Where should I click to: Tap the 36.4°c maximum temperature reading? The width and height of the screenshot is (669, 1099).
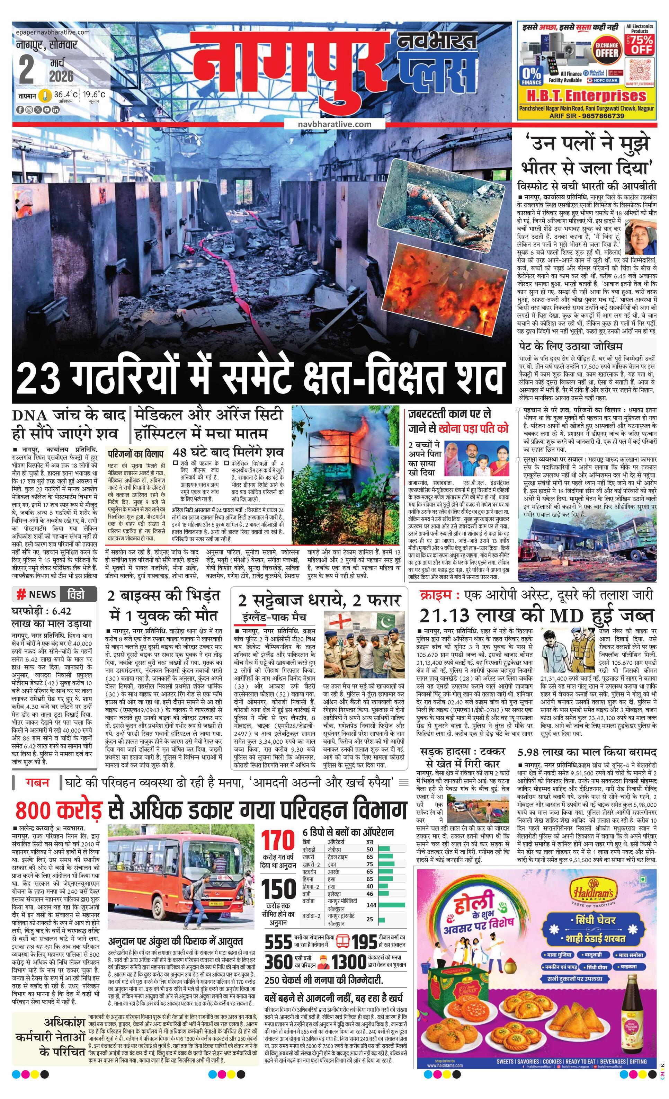[x=65, y=95]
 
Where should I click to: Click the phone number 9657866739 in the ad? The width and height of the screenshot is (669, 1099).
[x=600, y=116]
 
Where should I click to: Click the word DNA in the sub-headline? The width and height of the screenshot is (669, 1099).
[x=30, y=415]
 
